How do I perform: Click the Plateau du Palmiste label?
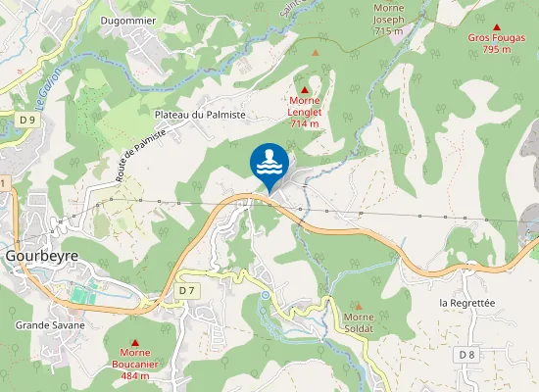tap(199, 115)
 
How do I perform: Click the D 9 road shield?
tap(26, 120)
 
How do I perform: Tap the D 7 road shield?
tap(188, 291)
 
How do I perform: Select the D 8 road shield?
tap(466, 354)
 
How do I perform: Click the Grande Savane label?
tap(50, 324)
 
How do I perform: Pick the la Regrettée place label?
tap(469, 303)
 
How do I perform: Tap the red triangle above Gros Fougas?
tap(497, 27)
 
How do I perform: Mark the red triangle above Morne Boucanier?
tap(134, 341)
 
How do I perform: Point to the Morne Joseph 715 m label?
tap(388, 20)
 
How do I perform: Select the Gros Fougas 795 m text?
tap(497, 44)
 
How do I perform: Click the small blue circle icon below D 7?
tap(265, 295)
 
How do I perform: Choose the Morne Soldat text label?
tap(366, 323)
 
